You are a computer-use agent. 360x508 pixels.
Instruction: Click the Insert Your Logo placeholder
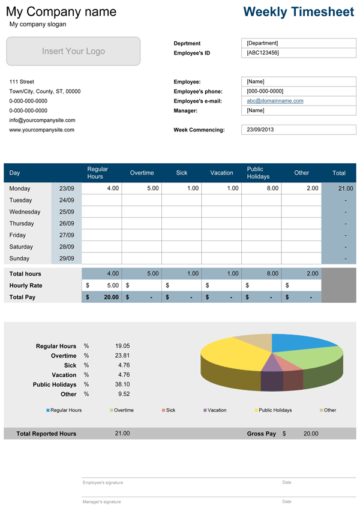(73, 52)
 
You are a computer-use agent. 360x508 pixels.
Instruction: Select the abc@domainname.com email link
(275, 101)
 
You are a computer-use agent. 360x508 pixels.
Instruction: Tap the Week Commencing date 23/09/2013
(260, 130)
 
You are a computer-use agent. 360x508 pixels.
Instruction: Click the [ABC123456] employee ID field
(263, 53)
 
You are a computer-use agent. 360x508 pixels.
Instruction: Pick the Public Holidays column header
(258, 173)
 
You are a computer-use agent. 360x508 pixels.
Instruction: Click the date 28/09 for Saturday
(67, 247)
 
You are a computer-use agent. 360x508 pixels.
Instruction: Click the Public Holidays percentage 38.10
(122, 384)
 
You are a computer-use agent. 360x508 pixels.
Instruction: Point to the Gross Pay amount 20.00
(310, 434)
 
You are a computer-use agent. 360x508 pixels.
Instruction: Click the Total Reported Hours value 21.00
(122, 434)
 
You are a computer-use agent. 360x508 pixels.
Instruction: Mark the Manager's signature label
(101, 501)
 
